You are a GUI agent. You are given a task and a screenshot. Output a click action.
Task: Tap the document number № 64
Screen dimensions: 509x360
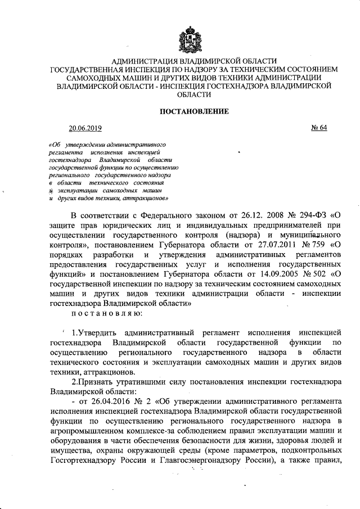point(318,128)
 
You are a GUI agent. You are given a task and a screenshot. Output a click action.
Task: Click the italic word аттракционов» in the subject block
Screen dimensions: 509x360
point(144,199)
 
